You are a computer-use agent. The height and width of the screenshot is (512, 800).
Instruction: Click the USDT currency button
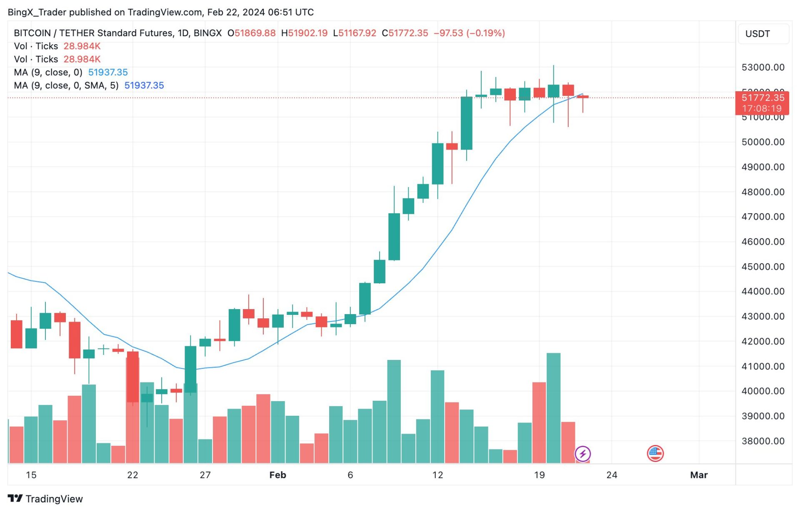(x=757, y=34)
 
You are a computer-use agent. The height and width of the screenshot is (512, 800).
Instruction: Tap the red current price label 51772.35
(x=762, y=98)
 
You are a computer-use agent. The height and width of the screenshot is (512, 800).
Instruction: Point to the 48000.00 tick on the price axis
(x=762, y=192)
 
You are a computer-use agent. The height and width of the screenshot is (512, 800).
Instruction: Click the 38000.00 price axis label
(x=762, y=441)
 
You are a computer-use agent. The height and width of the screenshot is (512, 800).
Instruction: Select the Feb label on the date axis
(x=277, y=475)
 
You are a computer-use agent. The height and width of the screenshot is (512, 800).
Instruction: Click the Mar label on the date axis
(x=699, y=475)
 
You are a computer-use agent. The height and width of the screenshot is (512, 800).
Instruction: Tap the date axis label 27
(x=205, y=475)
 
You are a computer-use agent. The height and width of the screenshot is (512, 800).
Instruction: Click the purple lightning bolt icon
(x=582, y=454)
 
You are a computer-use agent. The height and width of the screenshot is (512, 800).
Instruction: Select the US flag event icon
(x=655, y=454)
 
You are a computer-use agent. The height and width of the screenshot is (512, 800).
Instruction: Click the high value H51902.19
(x=304, y=33)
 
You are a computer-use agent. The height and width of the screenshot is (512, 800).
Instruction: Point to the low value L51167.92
(x=355, y=33)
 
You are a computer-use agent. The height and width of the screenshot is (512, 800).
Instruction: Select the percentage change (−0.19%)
(x=485, y=33)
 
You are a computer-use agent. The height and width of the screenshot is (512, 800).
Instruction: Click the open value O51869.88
(x=251, y=33)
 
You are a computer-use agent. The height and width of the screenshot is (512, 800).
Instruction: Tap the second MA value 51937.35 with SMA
(x=144, y=85)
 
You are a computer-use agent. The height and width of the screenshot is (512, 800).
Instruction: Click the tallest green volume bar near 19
(x=553, y=408)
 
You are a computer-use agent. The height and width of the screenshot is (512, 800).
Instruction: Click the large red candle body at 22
(x=132, y=377)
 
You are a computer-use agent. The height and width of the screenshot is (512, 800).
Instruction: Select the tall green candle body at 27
(x=190, y=369)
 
